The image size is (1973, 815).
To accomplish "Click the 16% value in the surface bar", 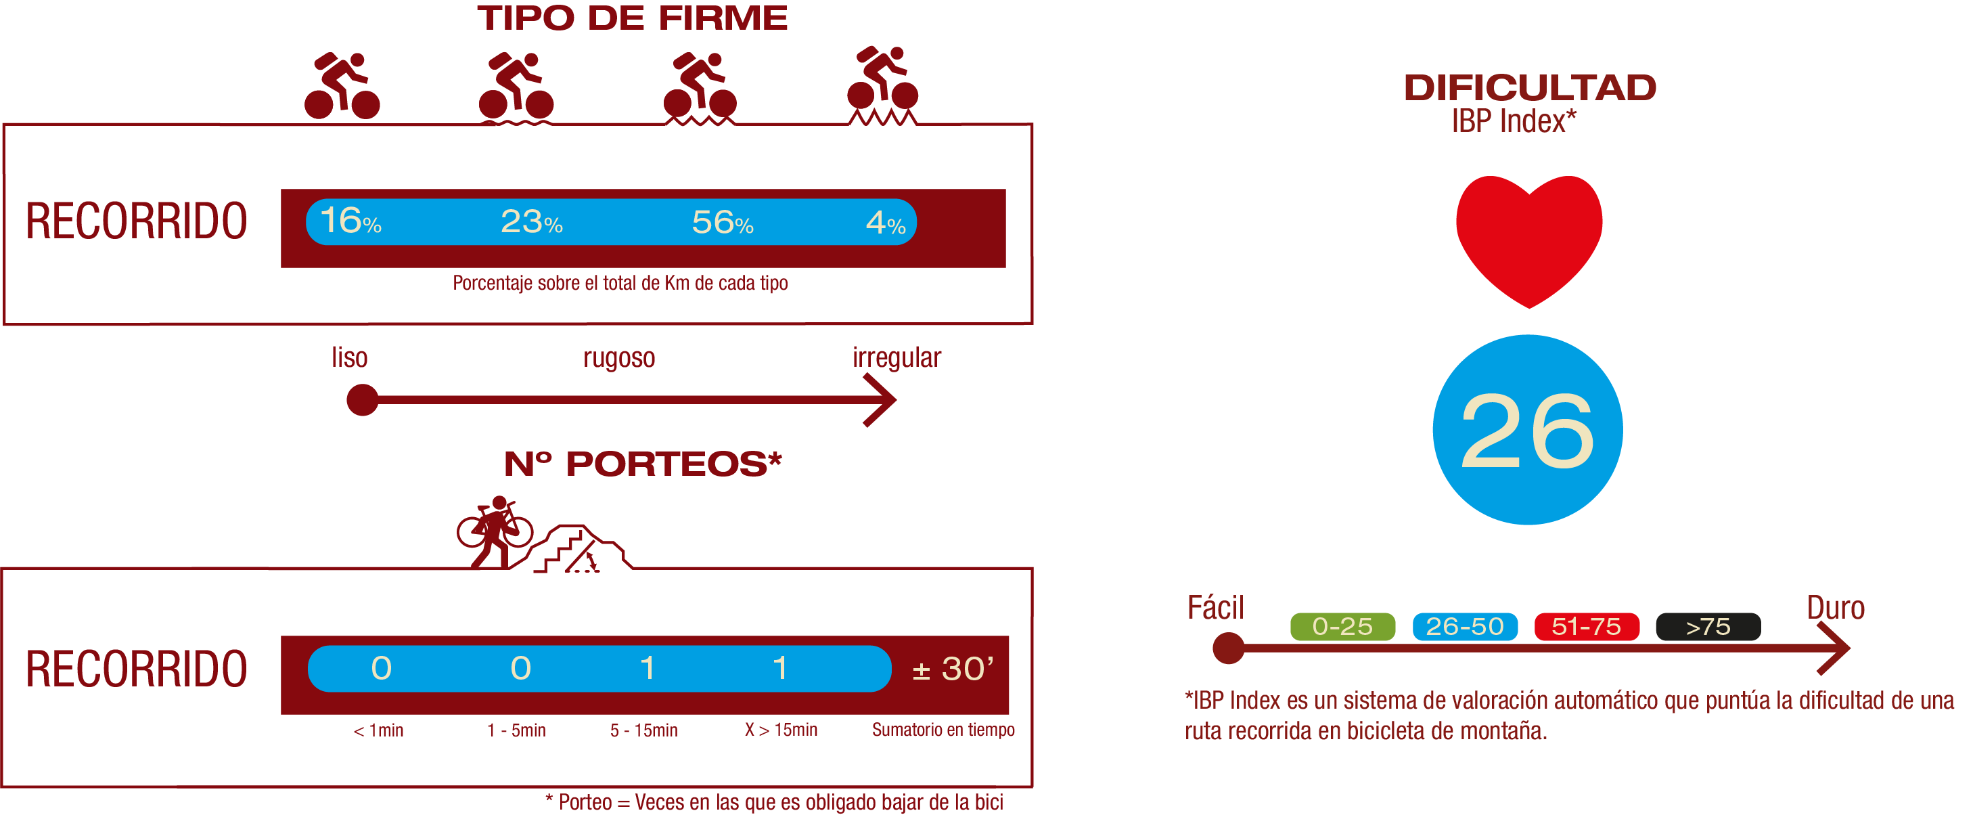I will (350, 221).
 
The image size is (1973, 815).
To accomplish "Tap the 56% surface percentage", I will (722, 222).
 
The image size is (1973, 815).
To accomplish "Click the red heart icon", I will (1528, 238).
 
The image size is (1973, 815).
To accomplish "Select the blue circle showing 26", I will (1527, 430).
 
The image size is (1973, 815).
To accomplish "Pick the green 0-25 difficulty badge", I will (1342, 627).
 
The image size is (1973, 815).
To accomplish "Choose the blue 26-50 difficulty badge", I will (1464, 627).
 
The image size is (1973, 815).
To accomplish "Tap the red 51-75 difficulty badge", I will (1586, 627).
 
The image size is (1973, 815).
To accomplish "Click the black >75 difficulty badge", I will (1708, 627).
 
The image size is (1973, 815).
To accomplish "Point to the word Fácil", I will (1215, 608).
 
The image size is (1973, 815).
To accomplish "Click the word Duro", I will (1835, 608).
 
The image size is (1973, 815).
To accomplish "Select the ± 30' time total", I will (952, 669).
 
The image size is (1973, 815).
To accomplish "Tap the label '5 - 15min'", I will (643, 730).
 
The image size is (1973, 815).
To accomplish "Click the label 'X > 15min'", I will (780, 730).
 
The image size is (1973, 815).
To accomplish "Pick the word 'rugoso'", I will (619, 357).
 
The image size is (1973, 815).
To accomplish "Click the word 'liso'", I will (349, 357).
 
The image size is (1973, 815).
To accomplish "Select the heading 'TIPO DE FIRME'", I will (632, 18).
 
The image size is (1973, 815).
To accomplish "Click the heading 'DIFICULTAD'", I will (1530, 87).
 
